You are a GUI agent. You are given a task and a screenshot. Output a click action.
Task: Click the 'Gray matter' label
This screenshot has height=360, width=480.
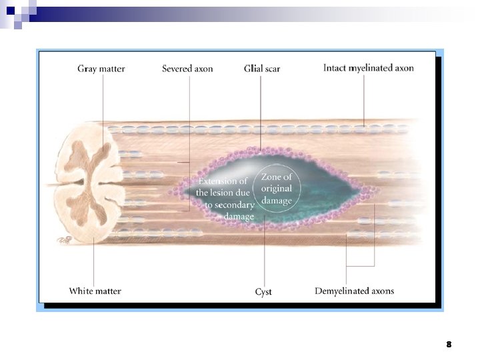coord(101,69)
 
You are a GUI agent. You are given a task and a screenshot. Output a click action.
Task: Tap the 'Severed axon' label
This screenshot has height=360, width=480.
coord(187,69)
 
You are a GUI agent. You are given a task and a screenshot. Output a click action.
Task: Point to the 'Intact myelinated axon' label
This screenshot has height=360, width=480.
coord(369,68)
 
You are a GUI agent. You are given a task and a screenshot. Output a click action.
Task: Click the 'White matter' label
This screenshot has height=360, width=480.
coord(95,291)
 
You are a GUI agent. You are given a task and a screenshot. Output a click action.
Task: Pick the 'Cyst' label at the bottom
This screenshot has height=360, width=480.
coord(263,291)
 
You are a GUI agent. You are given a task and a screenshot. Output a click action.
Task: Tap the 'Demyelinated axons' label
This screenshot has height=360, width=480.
coord(354,291)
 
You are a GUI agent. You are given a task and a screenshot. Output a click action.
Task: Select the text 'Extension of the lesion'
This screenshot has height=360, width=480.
coord(222,187)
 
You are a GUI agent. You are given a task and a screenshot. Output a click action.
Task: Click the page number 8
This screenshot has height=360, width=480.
coord(449,345)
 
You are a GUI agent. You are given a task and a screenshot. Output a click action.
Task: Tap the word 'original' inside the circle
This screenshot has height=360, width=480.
coord(277,189)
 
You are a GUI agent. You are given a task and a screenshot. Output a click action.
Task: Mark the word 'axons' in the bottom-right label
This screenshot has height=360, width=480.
coord(382,291)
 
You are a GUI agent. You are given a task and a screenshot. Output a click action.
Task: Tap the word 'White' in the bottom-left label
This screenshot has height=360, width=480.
coord(82,291)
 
